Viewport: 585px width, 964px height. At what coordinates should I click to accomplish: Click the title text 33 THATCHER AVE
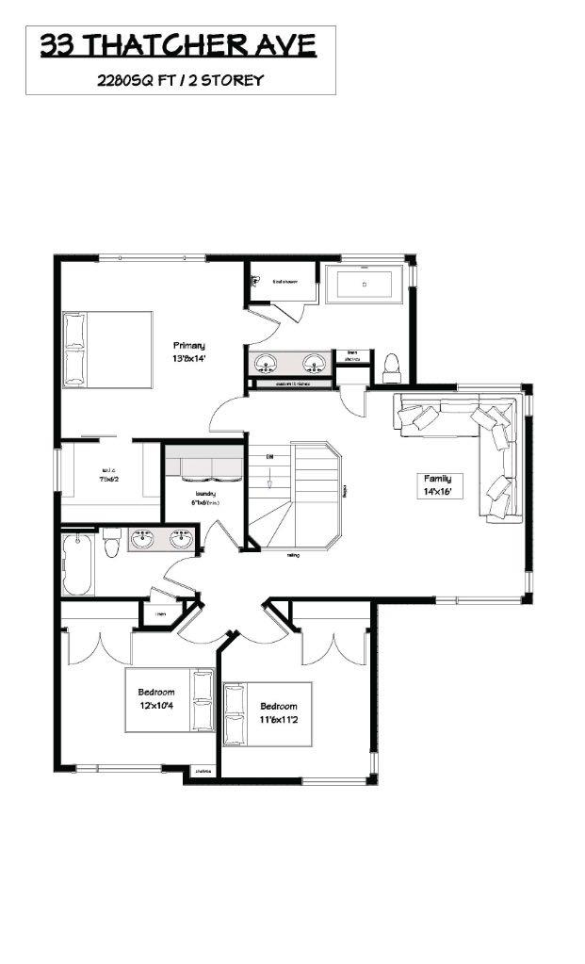(x=178, y=46)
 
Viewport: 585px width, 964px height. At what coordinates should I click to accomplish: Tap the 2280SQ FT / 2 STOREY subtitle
(x=179, y=81)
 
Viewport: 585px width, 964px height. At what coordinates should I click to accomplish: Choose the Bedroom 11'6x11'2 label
(x=279, y=712)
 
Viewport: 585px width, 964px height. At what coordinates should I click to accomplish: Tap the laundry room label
(x=205, y=498)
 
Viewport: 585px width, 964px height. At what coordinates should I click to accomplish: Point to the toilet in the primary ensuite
(x=392, y=365)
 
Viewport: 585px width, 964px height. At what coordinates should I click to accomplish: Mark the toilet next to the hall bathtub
(x=112, y=543)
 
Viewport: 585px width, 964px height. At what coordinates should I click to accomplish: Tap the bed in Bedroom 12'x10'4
(x=171, y=698)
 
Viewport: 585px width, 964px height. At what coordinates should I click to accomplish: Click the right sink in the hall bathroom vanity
(x=181, y=540)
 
